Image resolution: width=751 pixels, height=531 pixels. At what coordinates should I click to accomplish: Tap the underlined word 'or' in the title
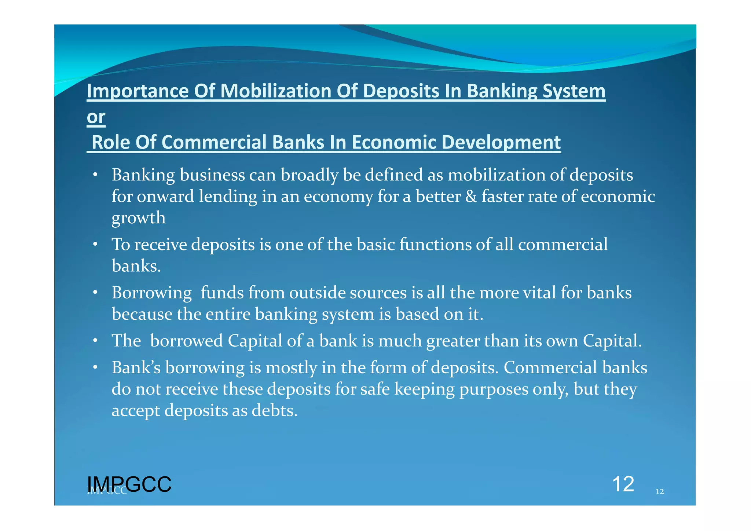96,117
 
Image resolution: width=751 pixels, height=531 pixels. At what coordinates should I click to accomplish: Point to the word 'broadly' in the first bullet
309,175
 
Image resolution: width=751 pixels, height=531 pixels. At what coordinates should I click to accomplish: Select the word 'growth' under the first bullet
139,218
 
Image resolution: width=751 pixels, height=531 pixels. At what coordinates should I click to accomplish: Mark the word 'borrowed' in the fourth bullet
186,341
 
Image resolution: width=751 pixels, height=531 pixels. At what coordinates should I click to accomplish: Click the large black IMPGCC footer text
129,484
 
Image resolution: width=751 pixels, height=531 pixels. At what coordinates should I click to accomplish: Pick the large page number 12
623,484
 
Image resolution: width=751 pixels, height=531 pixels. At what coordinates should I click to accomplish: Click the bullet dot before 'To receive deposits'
95,244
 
